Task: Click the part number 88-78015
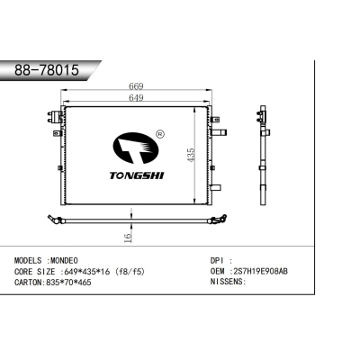point(47,70)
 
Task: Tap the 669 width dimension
point(136,86)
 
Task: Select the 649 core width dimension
point(136,98)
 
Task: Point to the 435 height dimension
point(191,155)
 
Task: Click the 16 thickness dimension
point(128,238)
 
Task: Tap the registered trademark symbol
point(160,134)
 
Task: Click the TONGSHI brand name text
point(137,175)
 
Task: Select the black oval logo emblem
point(135,148)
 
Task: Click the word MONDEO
point(64,260)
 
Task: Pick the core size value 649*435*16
point(85,272)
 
